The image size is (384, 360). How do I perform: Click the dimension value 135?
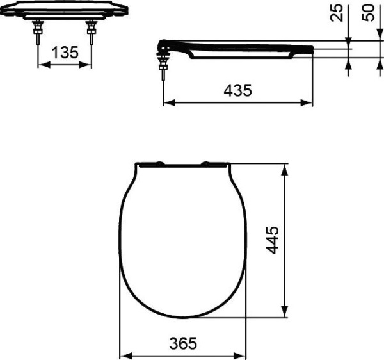point(65,53)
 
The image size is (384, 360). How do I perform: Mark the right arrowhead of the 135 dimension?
point(88,65)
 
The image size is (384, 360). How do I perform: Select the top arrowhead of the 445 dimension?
point(285,167)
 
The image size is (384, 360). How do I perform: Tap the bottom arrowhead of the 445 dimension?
point(285,313)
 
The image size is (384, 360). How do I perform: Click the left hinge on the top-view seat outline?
point(151,164)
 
